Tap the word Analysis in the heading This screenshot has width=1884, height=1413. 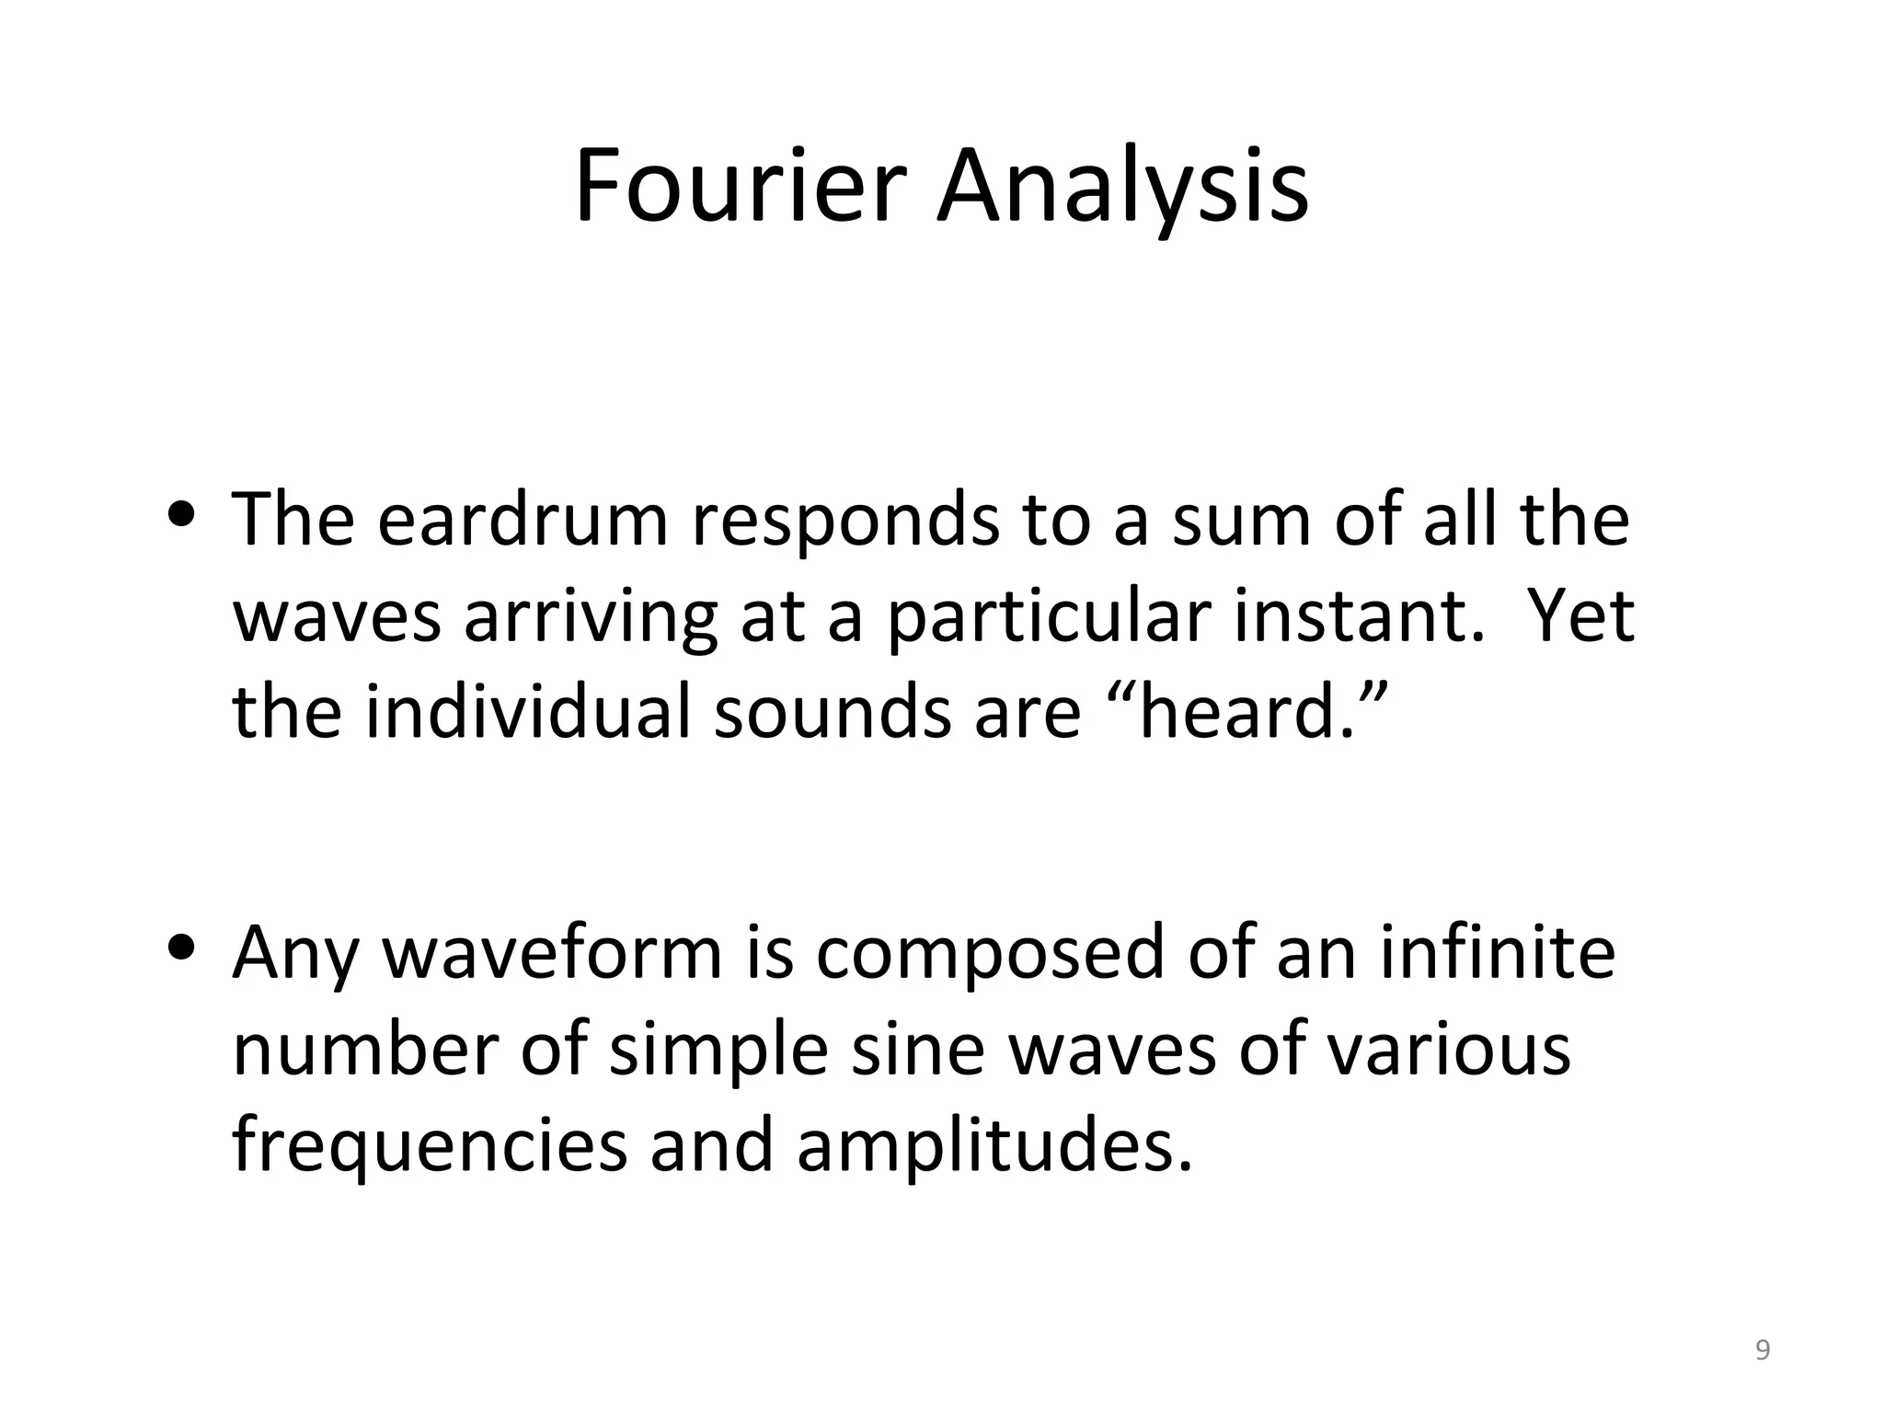pyautogui.click(x=1122, y=188)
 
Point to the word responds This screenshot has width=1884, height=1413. pyautogui.click(x=845, y=521)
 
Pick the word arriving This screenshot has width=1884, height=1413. pyautogui.click(x=590, y=618)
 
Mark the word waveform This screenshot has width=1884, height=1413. pyautogui.click(x=552, y=954)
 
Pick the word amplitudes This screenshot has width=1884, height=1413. pyautogui.click(x=994, y=1147)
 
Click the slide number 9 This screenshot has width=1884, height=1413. pyautogui.click(x=1763, y=1350)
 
